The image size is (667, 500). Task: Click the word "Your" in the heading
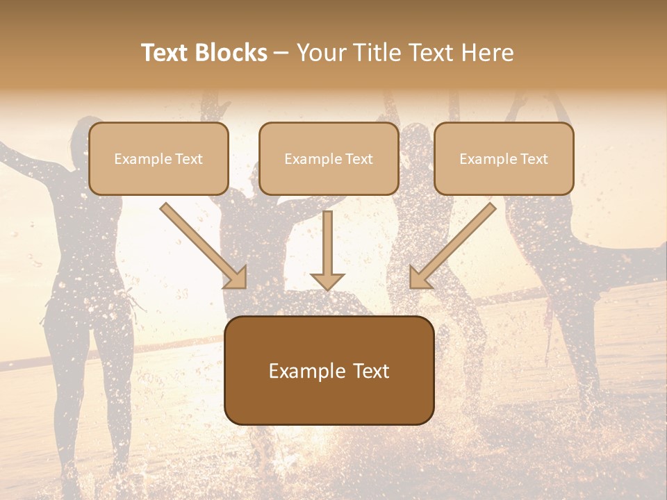point(321,53)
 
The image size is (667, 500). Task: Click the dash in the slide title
point(281,53)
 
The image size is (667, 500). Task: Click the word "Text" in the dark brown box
point(372,371)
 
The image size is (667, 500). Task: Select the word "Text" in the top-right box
point(534,159)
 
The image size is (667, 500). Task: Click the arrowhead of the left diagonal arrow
point(236,278)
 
